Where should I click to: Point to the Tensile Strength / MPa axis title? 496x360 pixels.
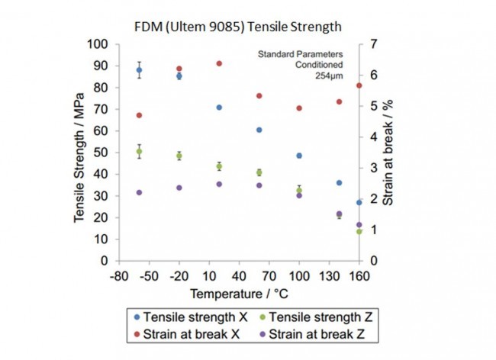(x=79, y=153)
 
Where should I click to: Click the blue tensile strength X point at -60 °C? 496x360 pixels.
(x=140, y=70)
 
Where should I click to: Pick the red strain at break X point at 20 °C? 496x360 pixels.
(x=219, y=63)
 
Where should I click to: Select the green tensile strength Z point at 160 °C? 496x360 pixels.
(x=359, y=231)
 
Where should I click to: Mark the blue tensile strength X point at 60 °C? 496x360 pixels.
(x=259, y=130)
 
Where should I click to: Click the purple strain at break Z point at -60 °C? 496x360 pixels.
(x=140, y=192)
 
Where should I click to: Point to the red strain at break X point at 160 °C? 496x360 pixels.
(x=359, y=85)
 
